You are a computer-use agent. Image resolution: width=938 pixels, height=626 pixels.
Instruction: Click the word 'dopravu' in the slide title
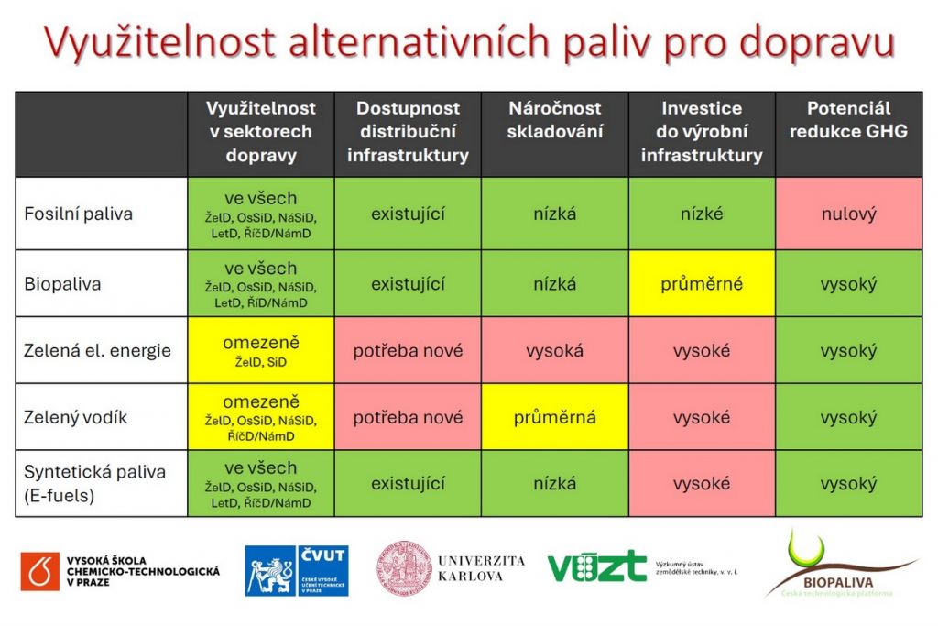coord(816,43)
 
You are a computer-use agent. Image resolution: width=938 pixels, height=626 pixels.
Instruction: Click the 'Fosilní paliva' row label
coord(79,214)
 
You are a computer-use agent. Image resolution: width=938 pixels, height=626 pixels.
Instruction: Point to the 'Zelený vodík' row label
coord(75,417)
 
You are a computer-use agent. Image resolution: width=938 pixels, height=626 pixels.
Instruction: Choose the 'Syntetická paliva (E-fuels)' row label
coord(94,484)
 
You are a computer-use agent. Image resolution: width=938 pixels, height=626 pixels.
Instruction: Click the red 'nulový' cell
coord(849,214)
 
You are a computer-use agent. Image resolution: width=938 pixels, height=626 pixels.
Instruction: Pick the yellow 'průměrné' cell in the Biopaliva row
coord(702,284)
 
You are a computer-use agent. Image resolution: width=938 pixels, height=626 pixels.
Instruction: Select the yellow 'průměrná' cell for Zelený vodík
coord(554,417)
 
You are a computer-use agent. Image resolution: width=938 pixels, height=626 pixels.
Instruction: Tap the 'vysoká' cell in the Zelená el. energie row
coord(554,351)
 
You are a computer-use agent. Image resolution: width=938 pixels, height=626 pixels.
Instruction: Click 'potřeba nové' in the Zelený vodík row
coord(408,417)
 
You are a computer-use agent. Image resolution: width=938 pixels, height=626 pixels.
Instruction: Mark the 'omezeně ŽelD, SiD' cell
coord(261,351)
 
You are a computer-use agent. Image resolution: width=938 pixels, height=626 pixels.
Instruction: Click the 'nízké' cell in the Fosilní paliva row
coord(702,214)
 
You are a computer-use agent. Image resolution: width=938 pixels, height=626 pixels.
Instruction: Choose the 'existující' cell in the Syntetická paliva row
coord(408,484)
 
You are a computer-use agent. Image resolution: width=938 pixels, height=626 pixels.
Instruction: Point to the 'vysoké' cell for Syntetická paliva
coord(702,484)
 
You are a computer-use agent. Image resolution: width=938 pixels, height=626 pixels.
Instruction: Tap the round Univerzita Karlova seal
coord(404,568)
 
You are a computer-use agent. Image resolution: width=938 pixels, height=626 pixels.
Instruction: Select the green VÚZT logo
coord(597,566)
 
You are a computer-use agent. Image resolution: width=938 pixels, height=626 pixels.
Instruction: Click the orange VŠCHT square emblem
coord(40,572)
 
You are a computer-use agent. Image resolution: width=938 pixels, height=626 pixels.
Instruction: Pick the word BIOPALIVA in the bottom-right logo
coord(838,582)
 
